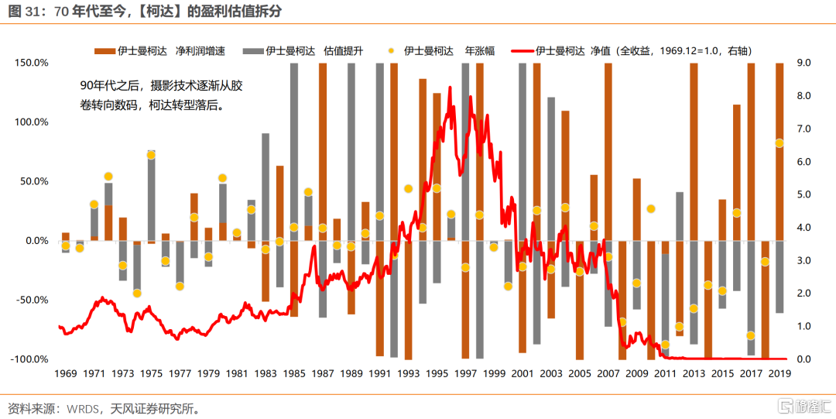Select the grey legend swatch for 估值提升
[x=252, y=51]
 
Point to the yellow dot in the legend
[x=391, y=51]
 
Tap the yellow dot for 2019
[x=779, y=143]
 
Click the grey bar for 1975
[x=151, y=194]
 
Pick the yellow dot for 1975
[x=151, y=155]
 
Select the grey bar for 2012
[x=680, y=216]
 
